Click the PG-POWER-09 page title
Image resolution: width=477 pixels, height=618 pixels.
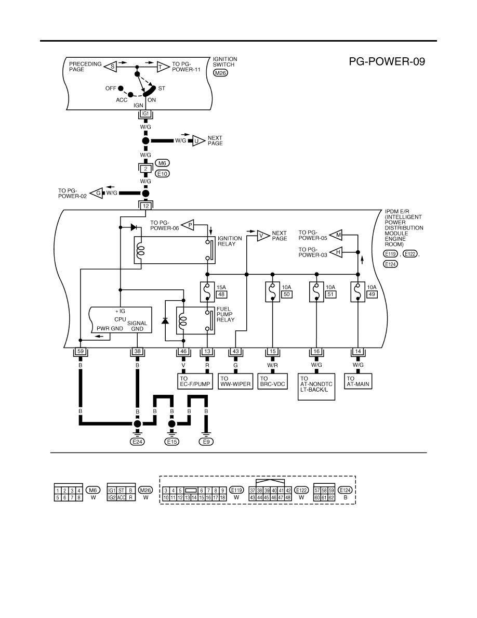[387, 61]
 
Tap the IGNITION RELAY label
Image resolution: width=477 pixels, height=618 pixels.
[230, 241]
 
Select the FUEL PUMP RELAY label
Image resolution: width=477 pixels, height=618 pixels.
[226, 315]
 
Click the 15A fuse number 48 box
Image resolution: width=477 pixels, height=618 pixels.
[221, 294]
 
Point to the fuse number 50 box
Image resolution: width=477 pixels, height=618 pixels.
[286, 294]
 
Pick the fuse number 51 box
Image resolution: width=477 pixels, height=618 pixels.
[330, 294]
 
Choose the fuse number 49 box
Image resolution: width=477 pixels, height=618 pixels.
[372, 294]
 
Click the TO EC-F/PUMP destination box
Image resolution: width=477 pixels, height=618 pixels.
[195, 381]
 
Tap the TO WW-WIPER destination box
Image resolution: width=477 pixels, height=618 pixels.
[235, 381]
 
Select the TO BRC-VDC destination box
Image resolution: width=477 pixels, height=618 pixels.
[272, 381]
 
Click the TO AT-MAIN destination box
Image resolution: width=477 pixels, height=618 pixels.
[358, 381]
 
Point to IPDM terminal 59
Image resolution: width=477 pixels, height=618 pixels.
[81, 351]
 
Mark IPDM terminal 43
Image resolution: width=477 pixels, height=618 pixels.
[235, 351]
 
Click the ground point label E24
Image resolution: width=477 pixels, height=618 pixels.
[137, 442]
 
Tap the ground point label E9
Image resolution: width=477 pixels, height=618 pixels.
[206, 442]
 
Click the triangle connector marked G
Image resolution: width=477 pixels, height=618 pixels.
[97, 193]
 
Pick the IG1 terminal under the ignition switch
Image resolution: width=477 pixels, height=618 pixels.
[145, 114]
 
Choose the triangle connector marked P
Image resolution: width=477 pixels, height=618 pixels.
[189, 225]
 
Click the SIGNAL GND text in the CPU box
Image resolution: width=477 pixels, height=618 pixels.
[137, 326]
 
